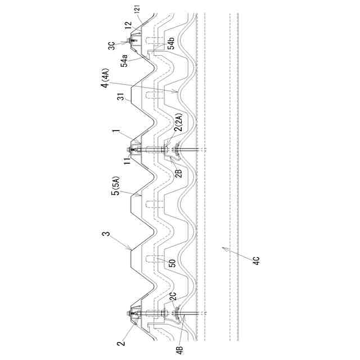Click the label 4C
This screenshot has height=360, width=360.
point(256,262)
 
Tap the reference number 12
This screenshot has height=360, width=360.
point(128,25)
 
